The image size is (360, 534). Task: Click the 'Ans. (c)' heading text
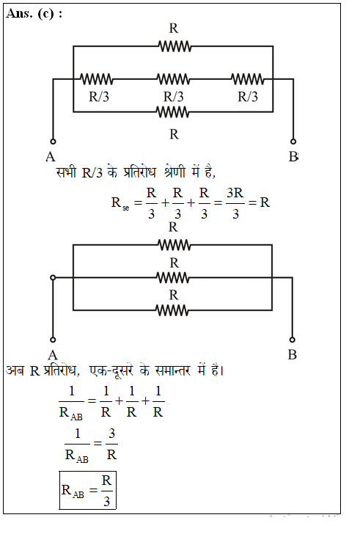click(30, 14)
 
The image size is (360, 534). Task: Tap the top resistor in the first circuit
click(175, 46)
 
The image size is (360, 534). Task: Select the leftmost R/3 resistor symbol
click(97, 79)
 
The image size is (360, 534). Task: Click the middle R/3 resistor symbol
click(174, 79)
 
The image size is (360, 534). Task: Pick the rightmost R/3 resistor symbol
click(248, 79)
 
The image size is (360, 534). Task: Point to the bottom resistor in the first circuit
click(172, 111)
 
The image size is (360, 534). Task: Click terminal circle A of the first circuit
click(53, 141)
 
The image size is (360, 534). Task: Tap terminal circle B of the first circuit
click(293, 141)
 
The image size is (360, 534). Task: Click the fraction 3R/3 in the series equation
click(235, 203)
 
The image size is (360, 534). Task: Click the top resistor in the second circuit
click(175, 245)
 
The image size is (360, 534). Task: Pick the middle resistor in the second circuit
click(173, 277)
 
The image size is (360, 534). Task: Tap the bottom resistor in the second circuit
click(172, 310)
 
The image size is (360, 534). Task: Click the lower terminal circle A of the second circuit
click(53, 340)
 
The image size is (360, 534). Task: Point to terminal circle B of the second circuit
click(292, 340)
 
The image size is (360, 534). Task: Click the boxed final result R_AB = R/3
click(88, 491)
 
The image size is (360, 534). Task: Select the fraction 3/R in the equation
click(111, 444)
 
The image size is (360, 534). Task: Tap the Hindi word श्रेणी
click(175, 172)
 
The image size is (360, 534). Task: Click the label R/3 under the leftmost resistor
click(99, 97)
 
